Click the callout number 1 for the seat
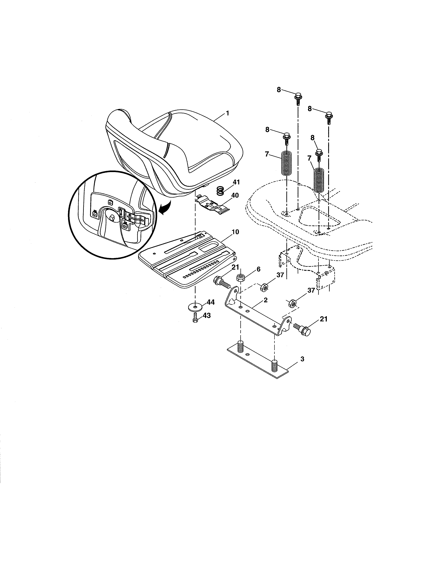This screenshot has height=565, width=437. (228, 113)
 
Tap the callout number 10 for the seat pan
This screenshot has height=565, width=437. (235, 232)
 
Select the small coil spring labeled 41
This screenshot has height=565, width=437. (220, 192)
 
